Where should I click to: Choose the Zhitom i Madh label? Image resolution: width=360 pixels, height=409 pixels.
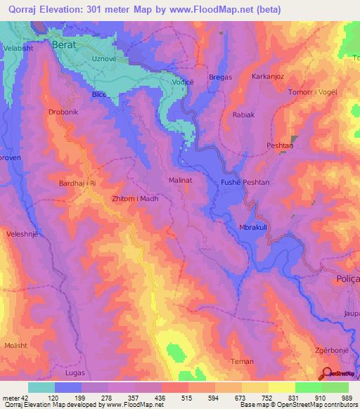[x=135, y=199]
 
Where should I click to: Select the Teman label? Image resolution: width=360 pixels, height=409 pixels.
[x=242, y=361]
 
